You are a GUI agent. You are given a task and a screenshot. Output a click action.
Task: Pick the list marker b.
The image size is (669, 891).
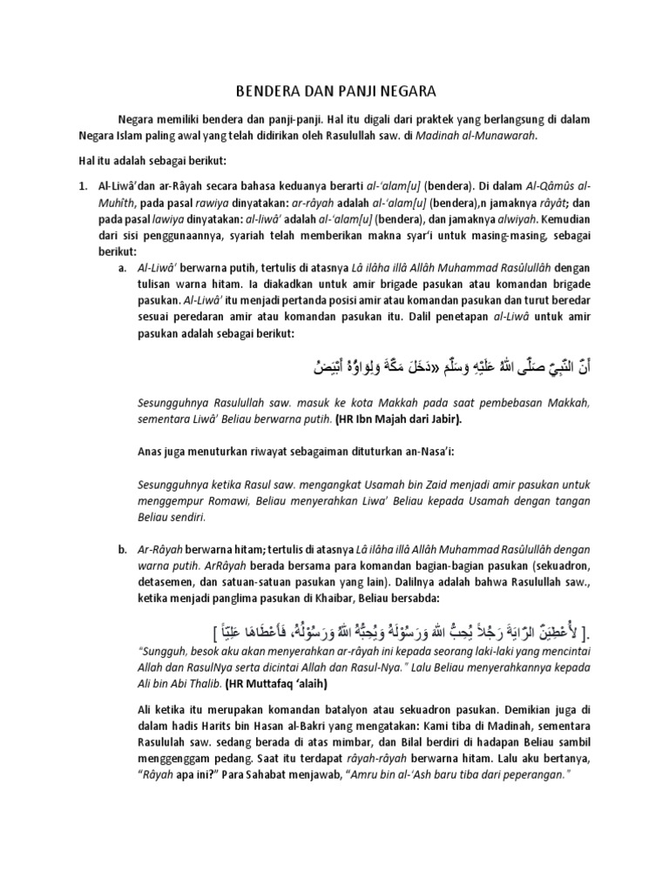coord(122,551)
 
